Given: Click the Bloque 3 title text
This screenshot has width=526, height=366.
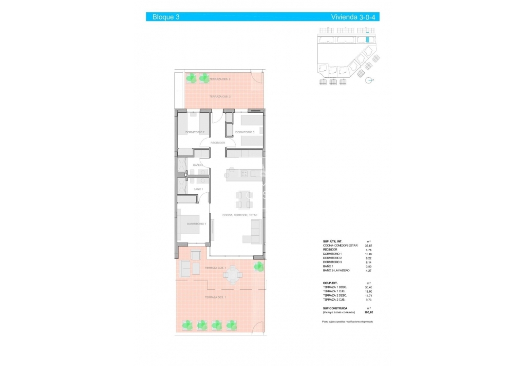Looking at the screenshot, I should pos(166,17).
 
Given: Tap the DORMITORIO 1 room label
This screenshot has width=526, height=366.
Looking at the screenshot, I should pos(196,224).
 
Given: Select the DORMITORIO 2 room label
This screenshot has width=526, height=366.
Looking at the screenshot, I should pos(194,132).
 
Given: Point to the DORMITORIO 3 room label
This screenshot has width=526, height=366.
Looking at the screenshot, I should pos(244,132).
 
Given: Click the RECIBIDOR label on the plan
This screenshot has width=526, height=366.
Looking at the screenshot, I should pos(217,142).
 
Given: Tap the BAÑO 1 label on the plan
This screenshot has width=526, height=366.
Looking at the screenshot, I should pos(198,189).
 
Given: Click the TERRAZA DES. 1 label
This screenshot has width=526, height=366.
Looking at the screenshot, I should pos(215,297).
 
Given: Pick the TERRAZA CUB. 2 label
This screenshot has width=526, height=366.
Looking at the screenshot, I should pos(220,97).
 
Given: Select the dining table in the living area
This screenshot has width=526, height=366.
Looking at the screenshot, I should pos(244,200).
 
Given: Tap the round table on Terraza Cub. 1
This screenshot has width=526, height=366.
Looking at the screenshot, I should pos(233,275).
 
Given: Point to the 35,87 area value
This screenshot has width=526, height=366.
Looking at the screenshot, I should pos(368,245).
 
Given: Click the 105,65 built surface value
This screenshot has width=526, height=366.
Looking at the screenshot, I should pos(368,312).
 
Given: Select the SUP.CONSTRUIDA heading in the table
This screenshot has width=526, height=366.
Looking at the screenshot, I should pos(335,308).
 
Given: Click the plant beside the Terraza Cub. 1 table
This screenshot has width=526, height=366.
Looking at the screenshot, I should pos(259,266).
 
